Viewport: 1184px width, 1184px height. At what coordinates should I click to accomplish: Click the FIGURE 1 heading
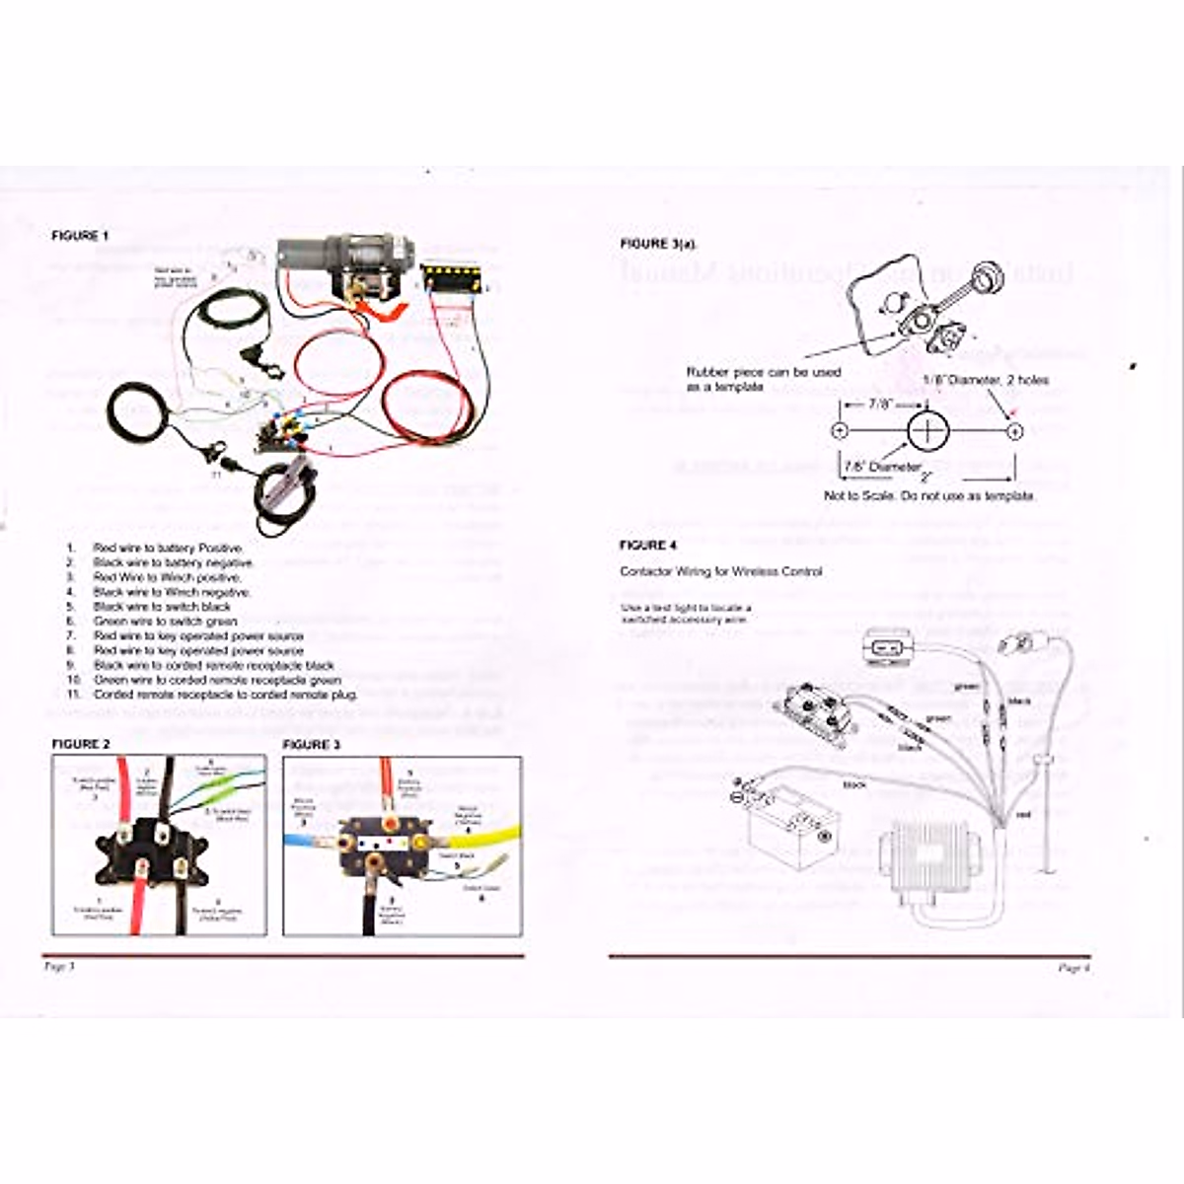(x=81, y=236)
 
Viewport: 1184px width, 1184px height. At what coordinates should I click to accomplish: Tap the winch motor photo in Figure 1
(x=340, y=261)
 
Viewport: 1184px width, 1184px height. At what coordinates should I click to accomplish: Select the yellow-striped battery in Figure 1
(x=453, y=276)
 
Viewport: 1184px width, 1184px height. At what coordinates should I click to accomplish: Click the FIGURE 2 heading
(x=81, y=744)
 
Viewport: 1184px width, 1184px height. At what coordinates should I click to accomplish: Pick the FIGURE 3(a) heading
(x=658, y=243)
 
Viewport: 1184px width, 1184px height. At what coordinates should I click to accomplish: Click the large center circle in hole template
(x=926, y=431)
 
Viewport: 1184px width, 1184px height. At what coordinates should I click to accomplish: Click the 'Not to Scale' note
(x=929, y=495)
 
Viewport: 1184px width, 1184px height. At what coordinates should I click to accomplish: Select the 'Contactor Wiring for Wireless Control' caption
(x=720, y=571)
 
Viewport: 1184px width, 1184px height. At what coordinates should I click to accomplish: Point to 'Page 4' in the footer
(x=1073, y=968)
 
